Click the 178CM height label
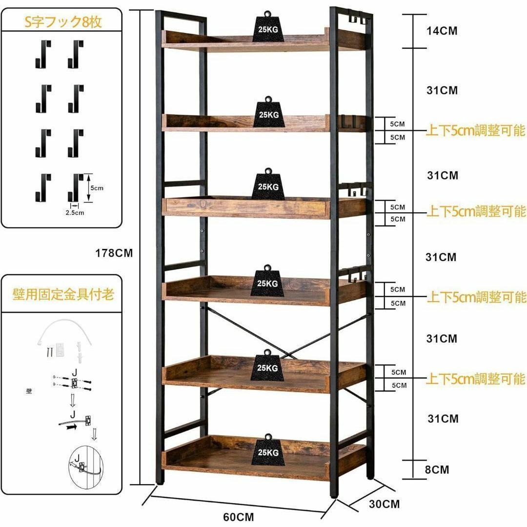pyautogui.click(x=114, y=253)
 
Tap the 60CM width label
pyautogui.click(x=239, y=517)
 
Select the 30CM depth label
pyautogui.click(x=385, y=504)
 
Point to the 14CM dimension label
pyautogui.click(x=442, y=31)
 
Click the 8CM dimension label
pyautogui.click(x=437, y=469)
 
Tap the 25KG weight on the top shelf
pyautogui.click(x=268, y=26)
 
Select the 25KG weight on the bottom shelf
pyautogui.click(x=268, y=450)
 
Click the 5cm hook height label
pyautogui.click(x=97, y=188)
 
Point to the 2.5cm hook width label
pyautogui.click(x=75, y=213)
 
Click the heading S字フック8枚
pyautogui.click(x=63, y=22)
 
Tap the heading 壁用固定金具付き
pyautogui.click(x=63, y=294)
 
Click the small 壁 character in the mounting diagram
pyautogui.click(x=29, y=391)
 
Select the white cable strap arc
pyautogui.click(x=65, y=323)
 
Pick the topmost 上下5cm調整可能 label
pyautogui.click(x=475, y=130)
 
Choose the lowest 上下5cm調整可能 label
pyautogui.click(x=475, y=379)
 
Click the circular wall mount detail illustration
pyautogui.click(x=85, y=467)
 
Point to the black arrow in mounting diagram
pyautogui.click(x=71, y=427)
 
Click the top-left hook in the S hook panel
pyautogui.click(x=43, y=54)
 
